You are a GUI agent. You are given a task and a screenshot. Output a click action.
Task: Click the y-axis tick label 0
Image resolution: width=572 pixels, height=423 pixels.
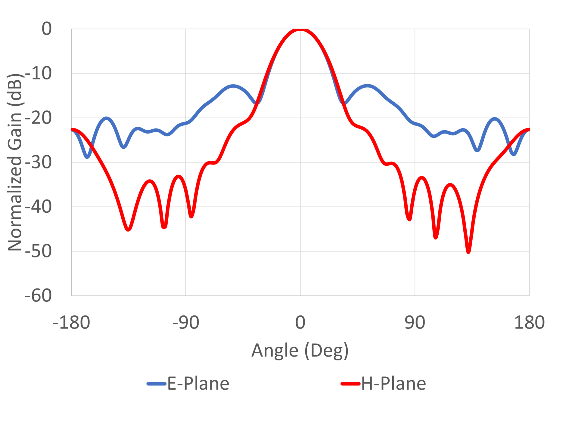47,29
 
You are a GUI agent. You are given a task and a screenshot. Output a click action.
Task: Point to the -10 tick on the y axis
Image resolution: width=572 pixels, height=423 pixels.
39,73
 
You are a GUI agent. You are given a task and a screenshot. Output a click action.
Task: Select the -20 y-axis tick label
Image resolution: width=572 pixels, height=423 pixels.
39,118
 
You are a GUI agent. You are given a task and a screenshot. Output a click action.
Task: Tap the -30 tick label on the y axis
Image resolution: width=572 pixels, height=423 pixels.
39,162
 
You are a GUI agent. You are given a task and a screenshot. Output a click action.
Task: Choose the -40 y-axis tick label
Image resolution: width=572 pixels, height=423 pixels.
39,207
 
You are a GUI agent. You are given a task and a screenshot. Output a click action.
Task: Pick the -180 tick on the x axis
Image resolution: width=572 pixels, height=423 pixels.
71,323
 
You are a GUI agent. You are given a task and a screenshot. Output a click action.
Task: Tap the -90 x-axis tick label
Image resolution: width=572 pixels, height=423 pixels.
185,323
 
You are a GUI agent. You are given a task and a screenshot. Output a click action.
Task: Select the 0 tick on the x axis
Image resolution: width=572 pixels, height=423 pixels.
300,323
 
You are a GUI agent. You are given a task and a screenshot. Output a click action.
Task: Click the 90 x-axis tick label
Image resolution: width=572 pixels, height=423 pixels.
415,323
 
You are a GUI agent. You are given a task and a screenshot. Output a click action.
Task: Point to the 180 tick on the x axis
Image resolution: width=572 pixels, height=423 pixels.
529,323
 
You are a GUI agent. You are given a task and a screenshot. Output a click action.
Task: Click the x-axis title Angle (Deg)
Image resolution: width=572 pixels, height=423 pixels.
300,351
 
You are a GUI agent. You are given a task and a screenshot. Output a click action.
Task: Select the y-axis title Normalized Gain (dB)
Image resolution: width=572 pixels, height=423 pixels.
15,162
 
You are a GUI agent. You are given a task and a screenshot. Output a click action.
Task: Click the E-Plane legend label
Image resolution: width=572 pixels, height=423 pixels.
198,384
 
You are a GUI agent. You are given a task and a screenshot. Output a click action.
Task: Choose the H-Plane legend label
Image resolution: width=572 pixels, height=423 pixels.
393,384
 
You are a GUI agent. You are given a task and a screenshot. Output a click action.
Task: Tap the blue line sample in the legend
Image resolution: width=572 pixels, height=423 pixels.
157,384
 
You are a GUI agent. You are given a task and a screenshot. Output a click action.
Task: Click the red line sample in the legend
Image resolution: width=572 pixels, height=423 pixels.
350,384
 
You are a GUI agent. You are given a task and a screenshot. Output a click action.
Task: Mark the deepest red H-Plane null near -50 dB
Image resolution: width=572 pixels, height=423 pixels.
468,252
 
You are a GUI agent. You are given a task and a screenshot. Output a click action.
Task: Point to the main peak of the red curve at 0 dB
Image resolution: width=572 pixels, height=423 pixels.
300,29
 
